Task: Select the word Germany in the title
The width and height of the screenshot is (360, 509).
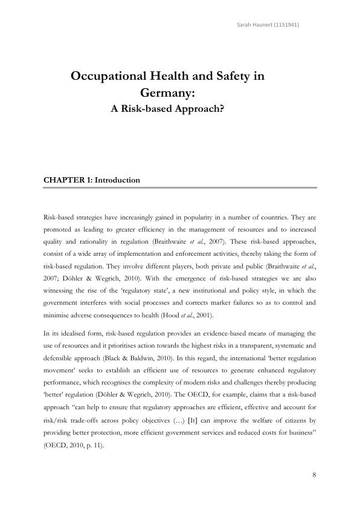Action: (x=167, y=93)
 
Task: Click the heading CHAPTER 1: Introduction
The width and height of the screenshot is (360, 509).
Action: (x=92, y=180)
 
